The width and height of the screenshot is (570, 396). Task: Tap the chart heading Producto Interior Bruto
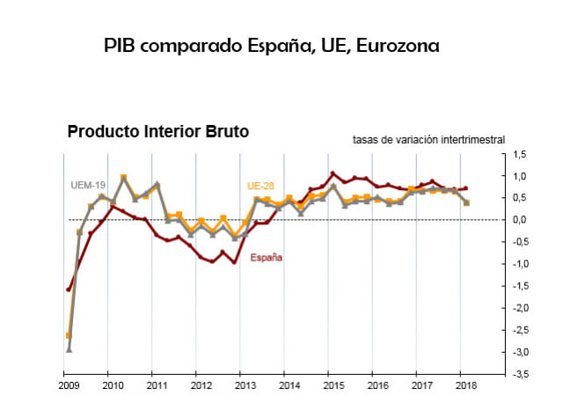[158, 131]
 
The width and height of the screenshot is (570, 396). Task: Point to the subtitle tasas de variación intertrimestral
[428, 139]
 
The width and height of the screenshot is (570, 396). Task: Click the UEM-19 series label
[88, 186]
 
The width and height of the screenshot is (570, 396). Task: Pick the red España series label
[267, 258]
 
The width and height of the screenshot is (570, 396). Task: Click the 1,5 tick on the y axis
[520, 154]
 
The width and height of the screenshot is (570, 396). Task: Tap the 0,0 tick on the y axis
[520, 220]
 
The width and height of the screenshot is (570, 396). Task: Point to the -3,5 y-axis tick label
[518, 374]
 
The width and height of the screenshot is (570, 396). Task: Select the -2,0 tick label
[518, 308]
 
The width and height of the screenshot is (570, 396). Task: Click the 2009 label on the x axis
[68, 385]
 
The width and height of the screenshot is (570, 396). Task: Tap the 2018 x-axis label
[465, 385]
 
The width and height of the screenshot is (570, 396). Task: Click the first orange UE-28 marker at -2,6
[68, 335]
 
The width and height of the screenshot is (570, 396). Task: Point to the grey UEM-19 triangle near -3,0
[68, 349]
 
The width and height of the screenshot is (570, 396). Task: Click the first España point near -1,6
[68, 290]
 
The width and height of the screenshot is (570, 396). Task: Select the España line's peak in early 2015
[332, 173]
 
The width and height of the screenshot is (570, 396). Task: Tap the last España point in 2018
[465, 187]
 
